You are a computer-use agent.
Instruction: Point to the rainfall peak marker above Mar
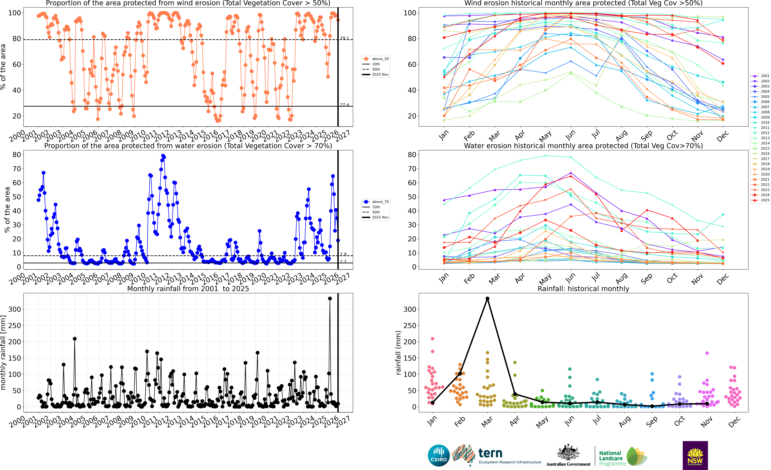(x=487, y=299)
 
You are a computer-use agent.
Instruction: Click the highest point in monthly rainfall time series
(x=330, y=299)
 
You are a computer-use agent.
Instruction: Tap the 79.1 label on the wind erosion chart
(x=344, y=38)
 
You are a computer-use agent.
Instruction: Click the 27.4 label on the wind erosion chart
(x=344, y=105)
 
